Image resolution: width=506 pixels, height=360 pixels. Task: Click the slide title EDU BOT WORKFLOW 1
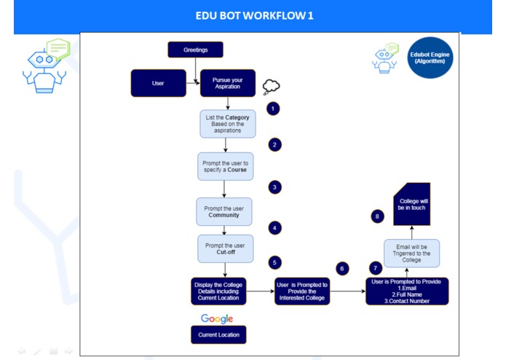254,15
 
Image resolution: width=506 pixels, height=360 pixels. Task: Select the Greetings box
195,50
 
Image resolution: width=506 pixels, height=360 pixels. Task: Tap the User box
158,83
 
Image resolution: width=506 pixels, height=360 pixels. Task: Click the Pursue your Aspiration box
228,83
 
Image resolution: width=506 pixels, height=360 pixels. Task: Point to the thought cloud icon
271,87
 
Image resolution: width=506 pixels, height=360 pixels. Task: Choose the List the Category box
228,124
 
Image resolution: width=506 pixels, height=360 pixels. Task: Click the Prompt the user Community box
224,211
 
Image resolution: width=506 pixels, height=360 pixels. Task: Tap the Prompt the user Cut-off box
224,248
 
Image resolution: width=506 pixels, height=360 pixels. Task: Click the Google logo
217,318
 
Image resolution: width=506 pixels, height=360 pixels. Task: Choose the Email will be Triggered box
411,251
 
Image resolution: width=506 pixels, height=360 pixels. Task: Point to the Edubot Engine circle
430,58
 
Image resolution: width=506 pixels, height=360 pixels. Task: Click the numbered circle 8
377,216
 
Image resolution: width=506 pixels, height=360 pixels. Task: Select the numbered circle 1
273,109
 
